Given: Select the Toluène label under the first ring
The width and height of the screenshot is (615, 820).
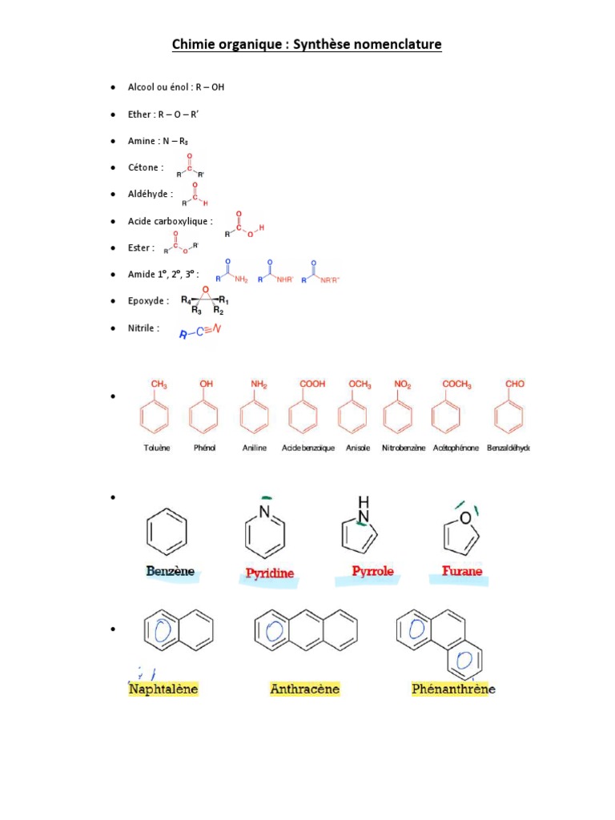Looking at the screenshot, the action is [x=155, y=448].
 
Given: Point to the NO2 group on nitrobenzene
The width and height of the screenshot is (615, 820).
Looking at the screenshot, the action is [x=402, y=384].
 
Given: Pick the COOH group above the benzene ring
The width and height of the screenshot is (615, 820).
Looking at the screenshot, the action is [x=312, y=384].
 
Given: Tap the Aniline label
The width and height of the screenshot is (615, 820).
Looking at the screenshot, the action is [x=255, y=448].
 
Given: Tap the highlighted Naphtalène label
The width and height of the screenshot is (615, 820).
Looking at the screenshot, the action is [x=163, y=689].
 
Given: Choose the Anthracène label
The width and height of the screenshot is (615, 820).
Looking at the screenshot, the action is [x=304, y=689].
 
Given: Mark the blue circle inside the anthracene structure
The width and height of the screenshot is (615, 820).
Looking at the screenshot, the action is [x=269, y=630].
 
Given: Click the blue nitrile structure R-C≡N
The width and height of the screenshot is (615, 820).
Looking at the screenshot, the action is [x=200, y=332].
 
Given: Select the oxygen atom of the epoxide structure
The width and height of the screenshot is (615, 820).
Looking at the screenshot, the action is [x=204, y=289].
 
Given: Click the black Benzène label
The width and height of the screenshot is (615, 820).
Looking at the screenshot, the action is [x=170, y=572].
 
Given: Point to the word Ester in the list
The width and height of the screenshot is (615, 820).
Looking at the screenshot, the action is [x=140, y=247].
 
